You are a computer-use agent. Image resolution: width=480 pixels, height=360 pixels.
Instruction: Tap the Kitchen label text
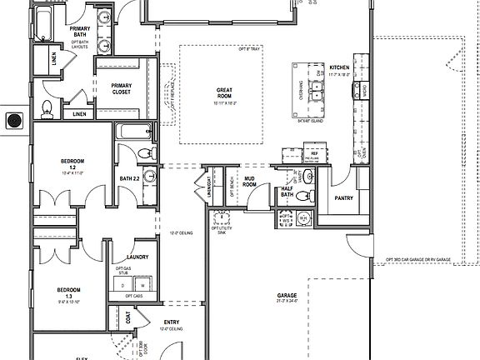[338, 67]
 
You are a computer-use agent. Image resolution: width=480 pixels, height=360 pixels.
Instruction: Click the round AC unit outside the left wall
[12, 121]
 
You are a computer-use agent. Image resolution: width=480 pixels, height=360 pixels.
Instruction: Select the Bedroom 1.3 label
[69, 292]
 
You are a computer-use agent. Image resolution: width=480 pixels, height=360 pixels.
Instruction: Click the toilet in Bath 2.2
[144, 152]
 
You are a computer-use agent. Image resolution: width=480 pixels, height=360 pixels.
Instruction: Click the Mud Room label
[249, 182]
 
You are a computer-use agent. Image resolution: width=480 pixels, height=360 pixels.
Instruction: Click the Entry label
[172, 322]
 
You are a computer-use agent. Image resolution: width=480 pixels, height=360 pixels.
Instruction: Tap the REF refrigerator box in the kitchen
[315, 155]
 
